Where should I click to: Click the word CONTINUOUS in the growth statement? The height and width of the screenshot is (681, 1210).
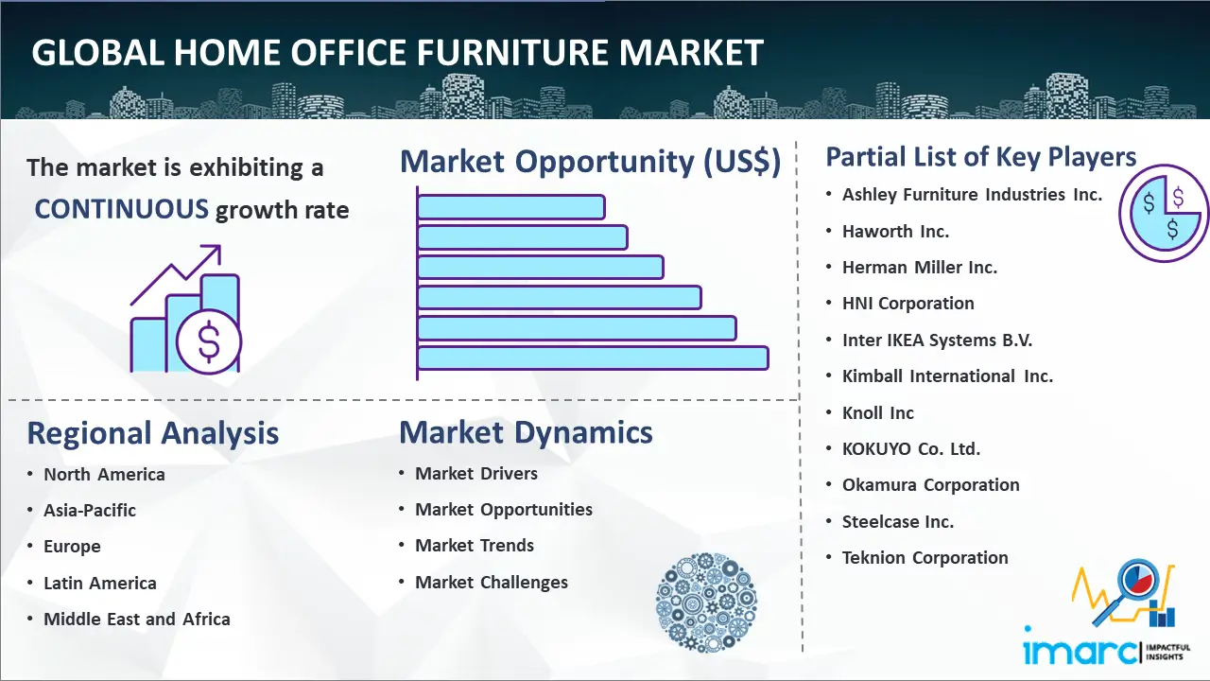122,209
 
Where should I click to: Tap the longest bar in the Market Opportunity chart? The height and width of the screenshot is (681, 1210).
593,358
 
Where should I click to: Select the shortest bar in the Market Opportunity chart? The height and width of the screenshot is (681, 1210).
510,207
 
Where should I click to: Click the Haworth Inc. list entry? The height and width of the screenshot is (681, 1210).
895,232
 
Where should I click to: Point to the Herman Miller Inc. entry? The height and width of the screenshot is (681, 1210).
920,268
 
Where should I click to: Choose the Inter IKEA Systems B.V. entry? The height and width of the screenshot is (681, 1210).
937,340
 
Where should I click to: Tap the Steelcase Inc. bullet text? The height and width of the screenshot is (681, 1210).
898,521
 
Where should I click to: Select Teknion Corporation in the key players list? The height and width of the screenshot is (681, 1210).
925,557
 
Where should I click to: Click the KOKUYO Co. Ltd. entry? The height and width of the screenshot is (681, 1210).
910,448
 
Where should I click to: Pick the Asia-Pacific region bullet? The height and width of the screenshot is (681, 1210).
90,510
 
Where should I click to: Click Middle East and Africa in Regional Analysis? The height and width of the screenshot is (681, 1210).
137,619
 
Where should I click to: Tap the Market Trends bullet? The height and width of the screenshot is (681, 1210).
475,546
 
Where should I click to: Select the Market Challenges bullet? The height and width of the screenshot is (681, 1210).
492,582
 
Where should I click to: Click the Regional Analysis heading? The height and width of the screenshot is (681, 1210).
153,433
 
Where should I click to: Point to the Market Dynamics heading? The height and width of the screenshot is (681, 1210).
526,432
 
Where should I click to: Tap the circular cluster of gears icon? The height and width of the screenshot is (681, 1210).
706,602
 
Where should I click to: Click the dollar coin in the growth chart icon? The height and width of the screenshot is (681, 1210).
209,342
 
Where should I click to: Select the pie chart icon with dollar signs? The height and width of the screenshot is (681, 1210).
1163,214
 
